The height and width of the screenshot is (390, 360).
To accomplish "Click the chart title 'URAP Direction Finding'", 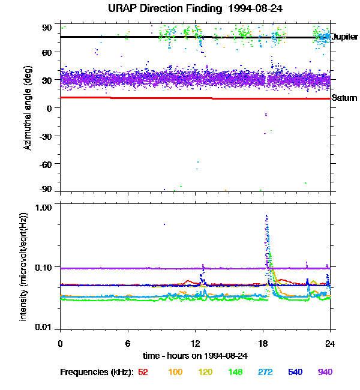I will (x=164, y=8).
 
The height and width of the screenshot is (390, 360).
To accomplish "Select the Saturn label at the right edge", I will (x=344, y=98).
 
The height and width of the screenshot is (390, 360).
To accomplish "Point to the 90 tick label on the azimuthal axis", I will (x=47, y=27).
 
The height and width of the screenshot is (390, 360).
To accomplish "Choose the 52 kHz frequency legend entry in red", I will (x=143, y=372).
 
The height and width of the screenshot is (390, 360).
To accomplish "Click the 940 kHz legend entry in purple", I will (x=324, y=372).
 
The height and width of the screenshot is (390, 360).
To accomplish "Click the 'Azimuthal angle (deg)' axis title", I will (x=27, y=108).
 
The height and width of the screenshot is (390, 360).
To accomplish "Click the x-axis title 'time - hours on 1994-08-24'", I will (x=195, y=355).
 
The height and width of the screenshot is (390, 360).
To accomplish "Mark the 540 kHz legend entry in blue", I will (x=294, y=372).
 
